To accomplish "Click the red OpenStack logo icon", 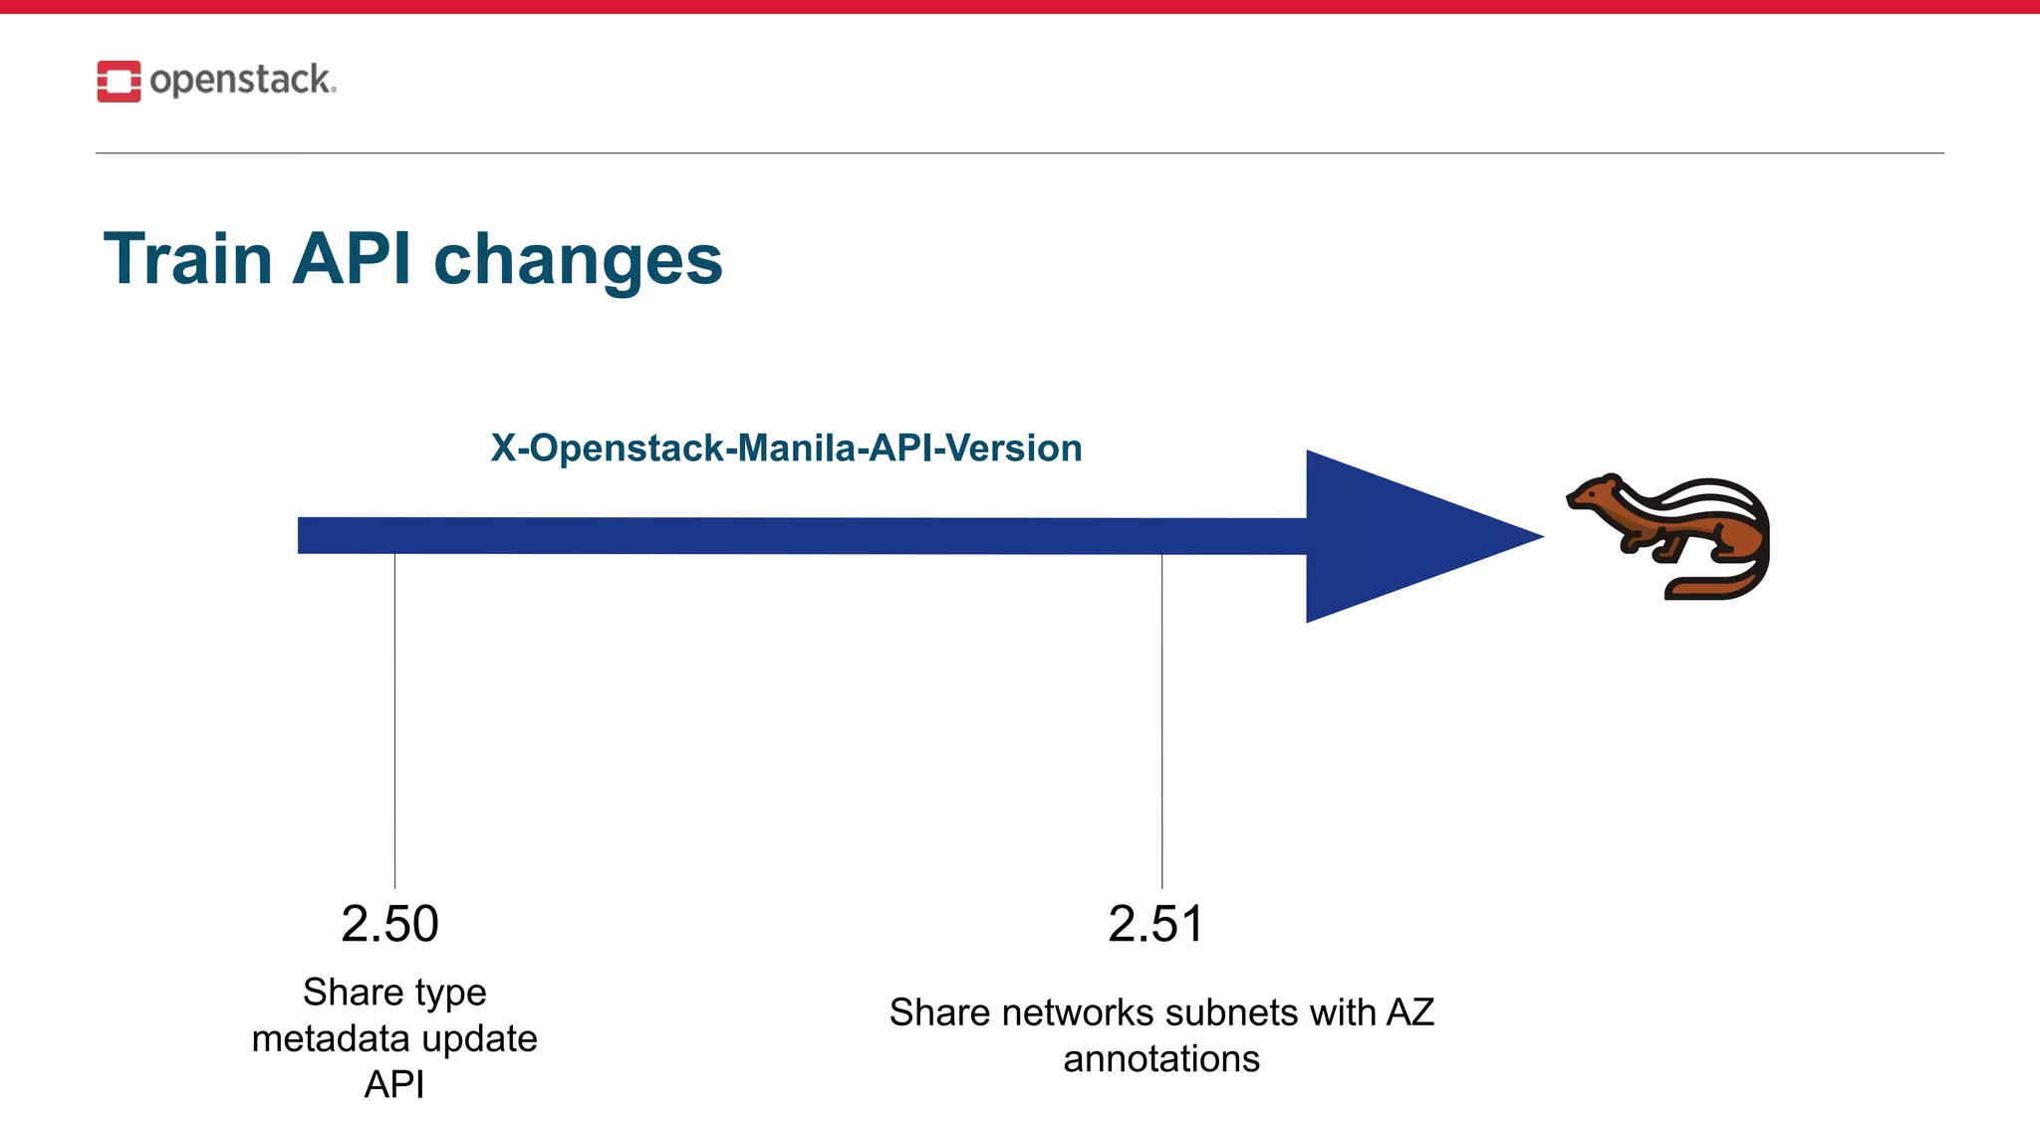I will click(x=119, y=81).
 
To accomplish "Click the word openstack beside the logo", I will click(x=241, y=81).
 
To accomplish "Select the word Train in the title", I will click(x=188, y=259).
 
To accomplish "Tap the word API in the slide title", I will click(x=352, y=259).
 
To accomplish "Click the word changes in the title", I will click(x=578, y=261).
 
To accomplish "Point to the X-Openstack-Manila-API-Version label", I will click(x=786, y=448).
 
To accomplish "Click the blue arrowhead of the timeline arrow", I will click(x=1404, y=536).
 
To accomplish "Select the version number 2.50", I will click(x=389, y=924).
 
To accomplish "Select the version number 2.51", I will click(x=1155, y=924).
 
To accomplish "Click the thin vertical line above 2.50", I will click(x=394, y=717).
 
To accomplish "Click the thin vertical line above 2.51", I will click(x=1161, y=717).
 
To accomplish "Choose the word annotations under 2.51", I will click(x=1161, y=1058).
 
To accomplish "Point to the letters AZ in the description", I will click(x=1410, y=1012).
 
